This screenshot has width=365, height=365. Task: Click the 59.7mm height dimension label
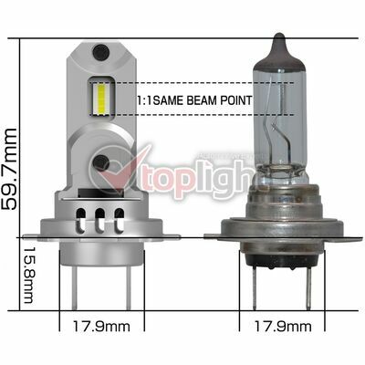pyautogui.click(x=9, y=169)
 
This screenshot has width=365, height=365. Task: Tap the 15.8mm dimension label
pyautogui.click(x=30, y=275)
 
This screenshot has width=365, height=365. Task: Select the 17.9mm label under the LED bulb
pyautogui.click(x=101, y=327)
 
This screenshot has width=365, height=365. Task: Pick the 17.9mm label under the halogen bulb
pyautogui.click(x=283, y=327)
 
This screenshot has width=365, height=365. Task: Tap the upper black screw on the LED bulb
pyautogui.click(x=101, y=51)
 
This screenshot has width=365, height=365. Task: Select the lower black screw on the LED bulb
pyautogui.click(x=101, y=162)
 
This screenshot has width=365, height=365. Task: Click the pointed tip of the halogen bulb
pyautogui.click(x=279, y=34)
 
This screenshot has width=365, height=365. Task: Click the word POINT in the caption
pyautogui.click(x=235, y=100)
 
